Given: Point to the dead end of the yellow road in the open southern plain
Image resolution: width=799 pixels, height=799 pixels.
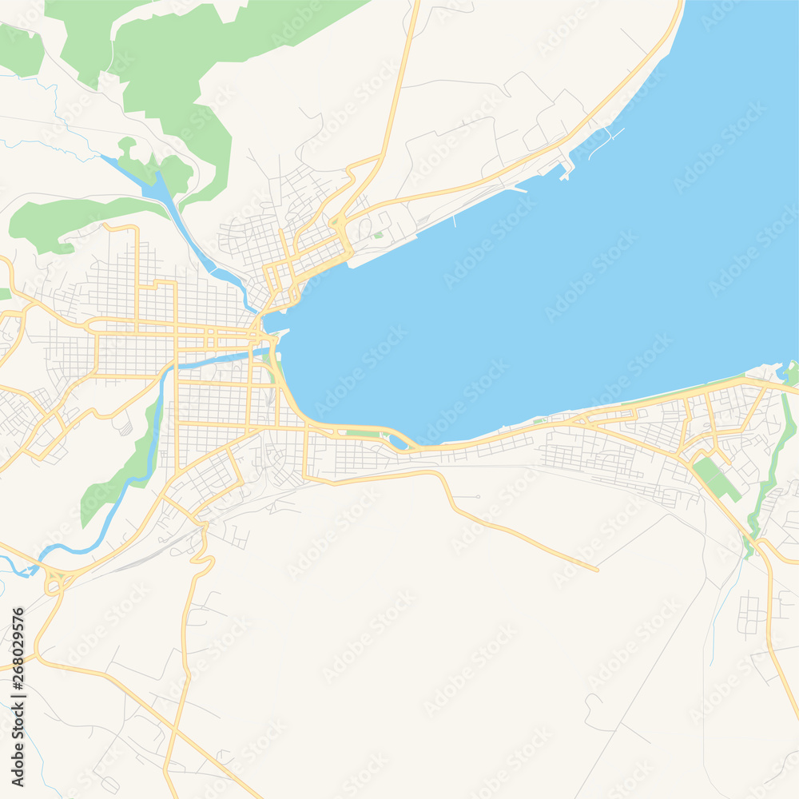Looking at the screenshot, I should tap(597, 570).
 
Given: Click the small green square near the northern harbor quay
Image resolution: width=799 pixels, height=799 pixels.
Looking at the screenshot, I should tap(378, 235).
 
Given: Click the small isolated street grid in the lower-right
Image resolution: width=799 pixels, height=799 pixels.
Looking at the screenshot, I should tap(751, 615).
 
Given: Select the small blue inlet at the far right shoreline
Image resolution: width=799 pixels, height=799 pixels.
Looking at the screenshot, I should tap(781, 373).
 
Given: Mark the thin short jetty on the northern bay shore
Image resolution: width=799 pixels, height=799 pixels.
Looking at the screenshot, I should tap(455, 220).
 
